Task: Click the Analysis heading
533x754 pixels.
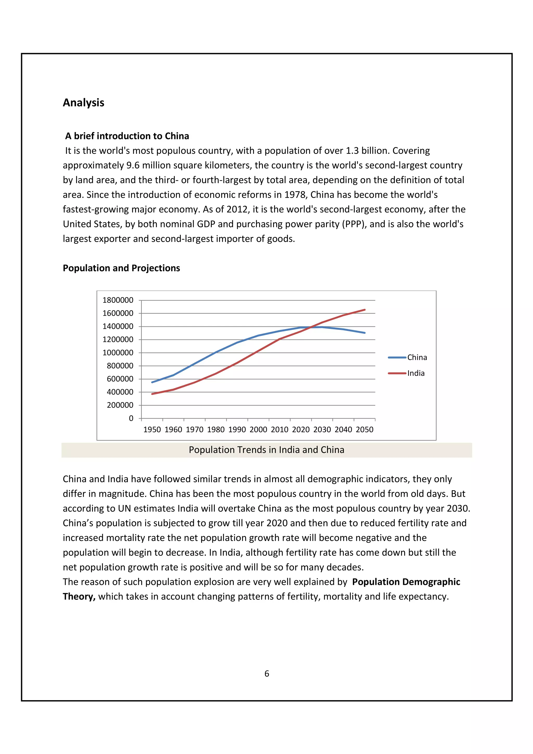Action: pos(84,103)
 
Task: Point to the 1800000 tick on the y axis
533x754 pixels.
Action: pos(118,300)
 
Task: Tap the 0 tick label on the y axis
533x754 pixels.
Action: pos(131,418)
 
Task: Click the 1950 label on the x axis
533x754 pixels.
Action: pos(152,430)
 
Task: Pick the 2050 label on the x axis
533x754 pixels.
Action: pos(365,430)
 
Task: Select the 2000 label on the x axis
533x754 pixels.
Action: pos(258,430)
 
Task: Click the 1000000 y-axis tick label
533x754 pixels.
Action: pos(118,353)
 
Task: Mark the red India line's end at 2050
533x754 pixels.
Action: pos(365,310)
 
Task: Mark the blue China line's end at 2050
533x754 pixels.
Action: pos(365,333)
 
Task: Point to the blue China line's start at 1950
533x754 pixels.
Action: pos(152,382)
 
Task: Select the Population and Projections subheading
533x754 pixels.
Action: pos(121,268)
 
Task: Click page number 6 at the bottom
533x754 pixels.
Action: pos(267,674)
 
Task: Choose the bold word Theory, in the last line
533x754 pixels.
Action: pos(79,596)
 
